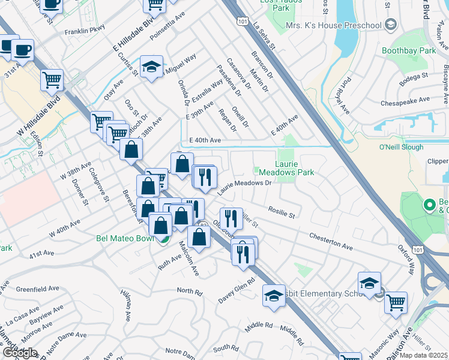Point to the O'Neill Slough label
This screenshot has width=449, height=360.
402,147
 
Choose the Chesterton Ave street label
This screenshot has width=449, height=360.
331,242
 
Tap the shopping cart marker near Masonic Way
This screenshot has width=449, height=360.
396,302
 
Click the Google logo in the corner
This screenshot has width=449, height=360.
19,353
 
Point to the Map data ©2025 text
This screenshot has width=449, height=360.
423,355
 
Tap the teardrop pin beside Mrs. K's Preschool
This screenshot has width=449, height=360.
391,25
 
